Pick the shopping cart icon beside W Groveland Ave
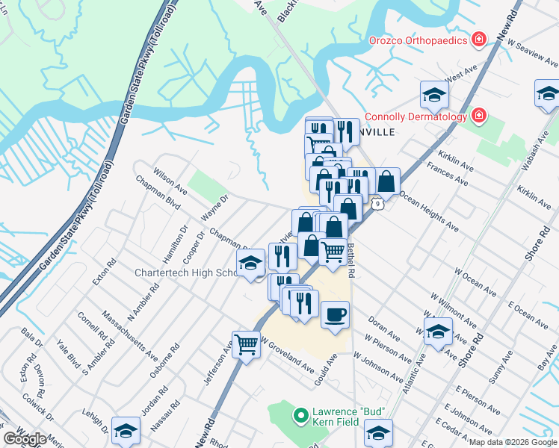point(246,345)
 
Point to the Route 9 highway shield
point(379,203)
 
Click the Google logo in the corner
point(25,439)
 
